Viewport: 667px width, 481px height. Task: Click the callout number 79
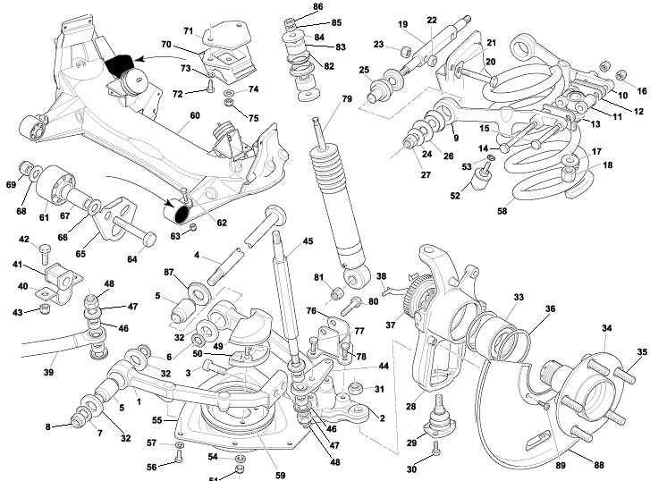pos(347,97)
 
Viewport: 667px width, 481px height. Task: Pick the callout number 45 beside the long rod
pos(308,240)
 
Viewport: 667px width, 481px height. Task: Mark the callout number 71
pos(189,32)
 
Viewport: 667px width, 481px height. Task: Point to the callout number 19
pos(402,24)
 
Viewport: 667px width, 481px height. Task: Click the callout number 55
pos(156,418)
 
